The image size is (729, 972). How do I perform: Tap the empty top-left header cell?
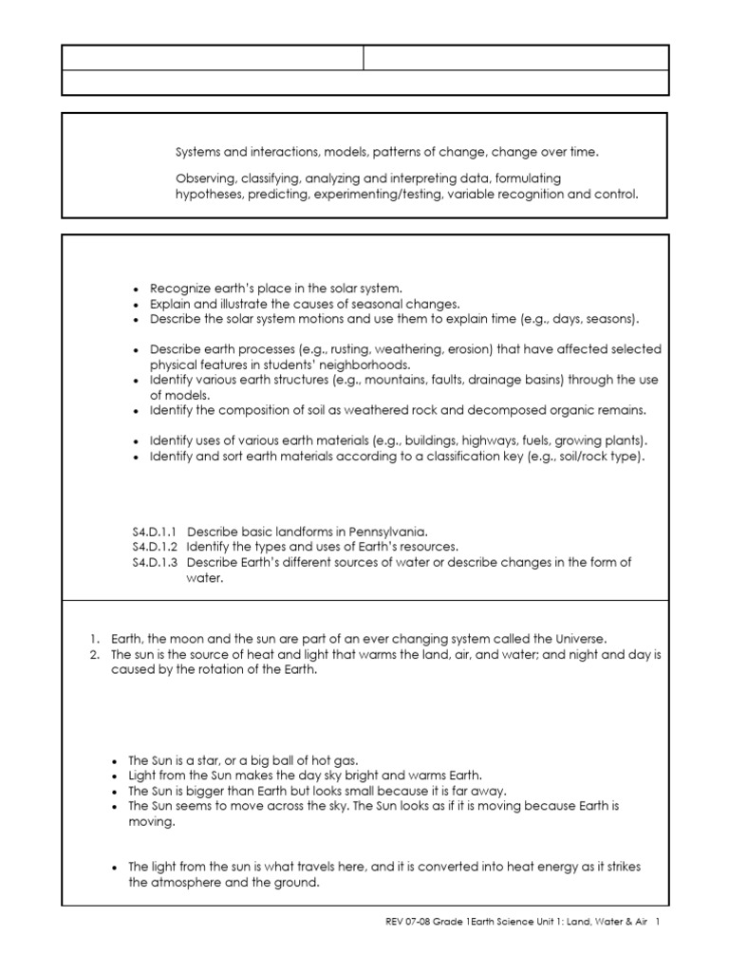tap(213, 57)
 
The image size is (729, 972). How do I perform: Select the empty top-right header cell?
tap(516, 57)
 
